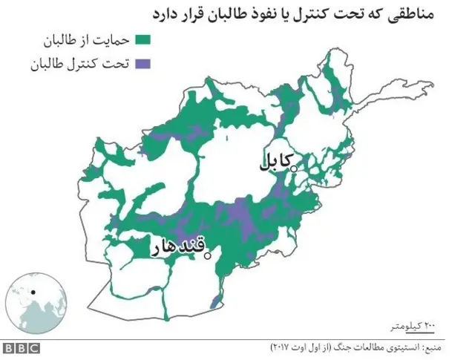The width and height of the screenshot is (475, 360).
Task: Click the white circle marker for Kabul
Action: (294, 169)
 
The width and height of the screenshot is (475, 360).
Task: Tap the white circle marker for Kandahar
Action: (209, 256)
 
